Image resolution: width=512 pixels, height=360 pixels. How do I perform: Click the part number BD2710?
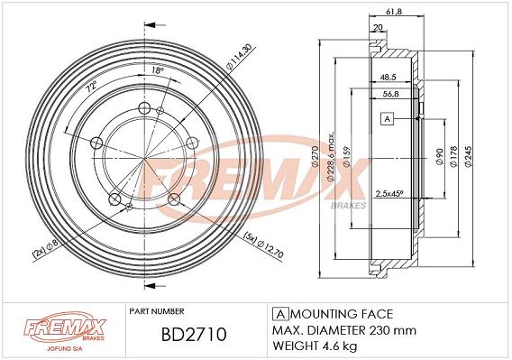(194, 335)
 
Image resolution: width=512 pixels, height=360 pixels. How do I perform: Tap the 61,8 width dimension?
(394, 12)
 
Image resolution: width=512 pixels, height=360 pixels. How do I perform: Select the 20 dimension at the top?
(378, 28)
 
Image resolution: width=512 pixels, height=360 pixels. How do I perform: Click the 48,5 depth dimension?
(388, 78)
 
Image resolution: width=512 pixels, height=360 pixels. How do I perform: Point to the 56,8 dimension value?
(390, 94)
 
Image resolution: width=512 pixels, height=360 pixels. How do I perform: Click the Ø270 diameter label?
(315, 157)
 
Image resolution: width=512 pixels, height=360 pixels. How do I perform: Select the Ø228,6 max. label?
(331, 156)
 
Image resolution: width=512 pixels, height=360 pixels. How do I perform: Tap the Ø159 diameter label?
(346, 157)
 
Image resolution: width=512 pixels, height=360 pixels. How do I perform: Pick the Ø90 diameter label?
(440, 157)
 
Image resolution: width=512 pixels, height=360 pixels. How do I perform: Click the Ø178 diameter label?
(453, 157)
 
